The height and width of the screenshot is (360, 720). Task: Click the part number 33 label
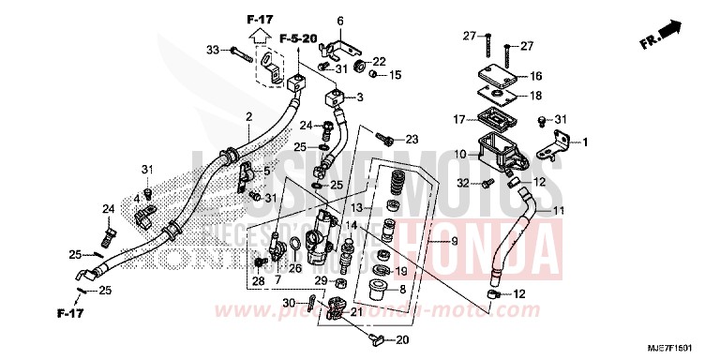coord(212,50)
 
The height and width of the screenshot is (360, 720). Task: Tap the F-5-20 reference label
coord(299,38)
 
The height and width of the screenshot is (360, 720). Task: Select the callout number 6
coord(340,21)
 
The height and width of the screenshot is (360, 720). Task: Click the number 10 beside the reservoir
coord(460,155)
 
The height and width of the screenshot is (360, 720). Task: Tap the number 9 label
coord(455,243)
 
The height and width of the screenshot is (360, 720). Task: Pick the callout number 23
coord(412,139)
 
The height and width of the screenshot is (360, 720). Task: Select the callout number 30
coord(288,302)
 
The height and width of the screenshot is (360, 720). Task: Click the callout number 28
coord(258,280)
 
